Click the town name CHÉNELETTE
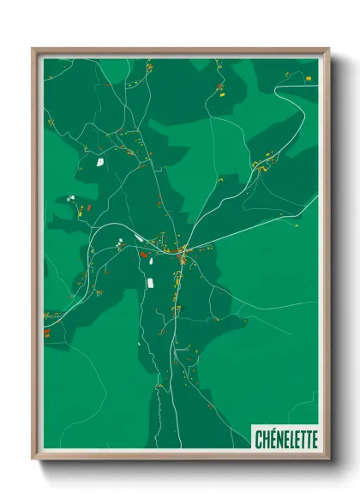(x=285, y=439)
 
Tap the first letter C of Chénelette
(x=258, y=439)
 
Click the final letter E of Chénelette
(x=313, y=439)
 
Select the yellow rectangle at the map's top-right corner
(x=309, y=79)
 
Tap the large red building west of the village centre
(x=143, y=254)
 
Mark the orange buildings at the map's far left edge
(x=47, y=332)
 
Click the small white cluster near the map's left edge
(x=69, y=199)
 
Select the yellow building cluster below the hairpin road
(x=261, y=163)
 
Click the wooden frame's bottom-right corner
(x=328, y=459)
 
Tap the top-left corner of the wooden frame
(x=32, y=48)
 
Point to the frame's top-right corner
(x=329, y=48)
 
